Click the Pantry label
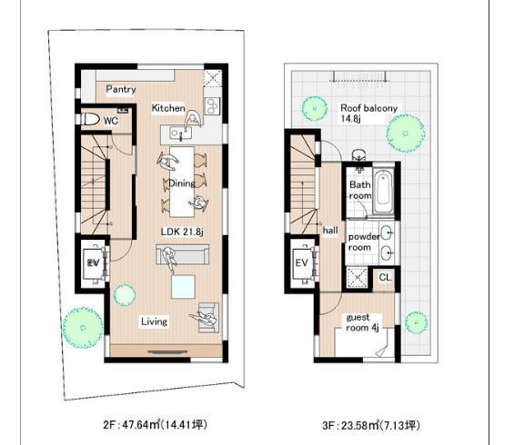point(121,89)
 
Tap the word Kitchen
point(168,108)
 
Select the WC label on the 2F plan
point(111,120)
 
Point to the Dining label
point(182,183)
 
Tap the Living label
point(154,321)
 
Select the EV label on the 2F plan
point(92,262)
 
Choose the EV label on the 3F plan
point(302,263)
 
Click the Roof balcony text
point(368,107)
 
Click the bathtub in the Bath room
point(384,188)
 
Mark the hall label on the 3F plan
point(330,231)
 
